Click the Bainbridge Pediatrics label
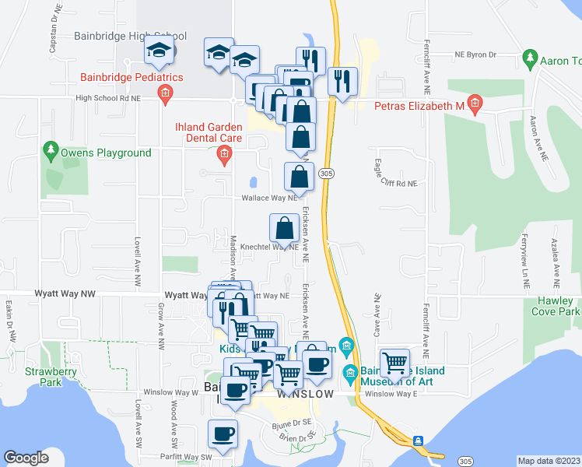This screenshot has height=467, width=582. pyautogui.click(x=131, y=77)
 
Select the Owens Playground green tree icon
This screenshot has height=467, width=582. pyautogui.click(x=51, y=148)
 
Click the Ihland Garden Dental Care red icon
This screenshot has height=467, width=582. pyautogui.click(x=224, y=156)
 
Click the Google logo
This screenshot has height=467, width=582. pyautogui.click(x=26, y=458)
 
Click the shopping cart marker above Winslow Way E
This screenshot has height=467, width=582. pyautogui.click(x=396, y=361)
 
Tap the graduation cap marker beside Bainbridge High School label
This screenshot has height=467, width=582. pyautogui.click(x=160, y=51)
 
